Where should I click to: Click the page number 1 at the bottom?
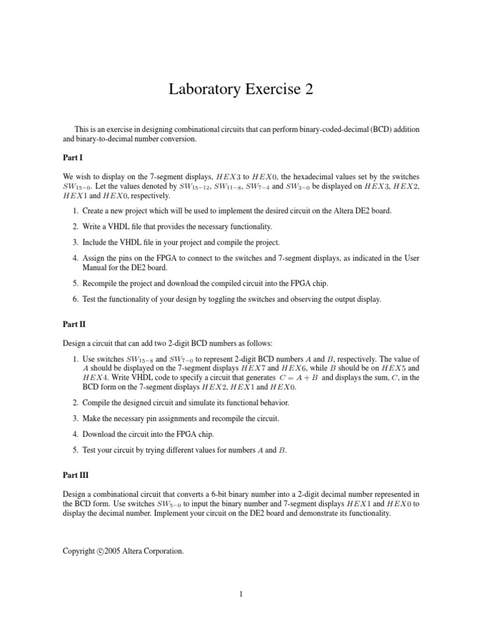click(x=241, y=607)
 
